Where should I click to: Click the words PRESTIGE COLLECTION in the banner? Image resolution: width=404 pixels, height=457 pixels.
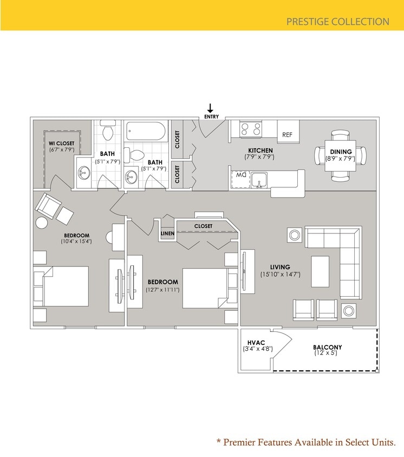[337, 22]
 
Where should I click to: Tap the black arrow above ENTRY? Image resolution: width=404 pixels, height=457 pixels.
[211, 108]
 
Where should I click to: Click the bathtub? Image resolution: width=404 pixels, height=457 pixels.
[147, 130]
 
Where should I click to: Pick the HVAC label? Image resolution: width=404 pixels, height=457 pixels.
[255, 343]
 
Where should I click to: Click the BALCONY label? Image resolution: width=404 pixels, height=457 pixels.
[327, 347]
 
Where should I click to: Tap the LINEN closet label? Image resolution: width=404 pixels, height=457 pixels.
[167, 234]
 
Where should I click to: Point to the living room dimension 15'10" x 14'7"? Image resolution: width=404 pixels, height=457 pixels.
[280, 275]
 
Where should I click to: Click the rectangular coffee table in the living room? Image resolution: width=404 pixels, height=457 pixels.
[321, 271]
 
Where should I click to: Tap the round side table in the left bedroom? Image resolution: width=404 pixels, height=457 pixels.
[42, 223]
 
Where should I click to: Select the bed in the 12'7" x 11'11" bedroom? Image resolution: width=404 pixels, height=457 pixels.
[204, 289]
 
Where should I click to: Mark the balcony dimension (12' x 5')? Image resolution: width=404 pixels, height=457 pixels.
[326, 354]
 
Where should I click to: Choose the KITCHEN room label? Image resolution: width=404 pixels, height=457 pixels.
[260, 150]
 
